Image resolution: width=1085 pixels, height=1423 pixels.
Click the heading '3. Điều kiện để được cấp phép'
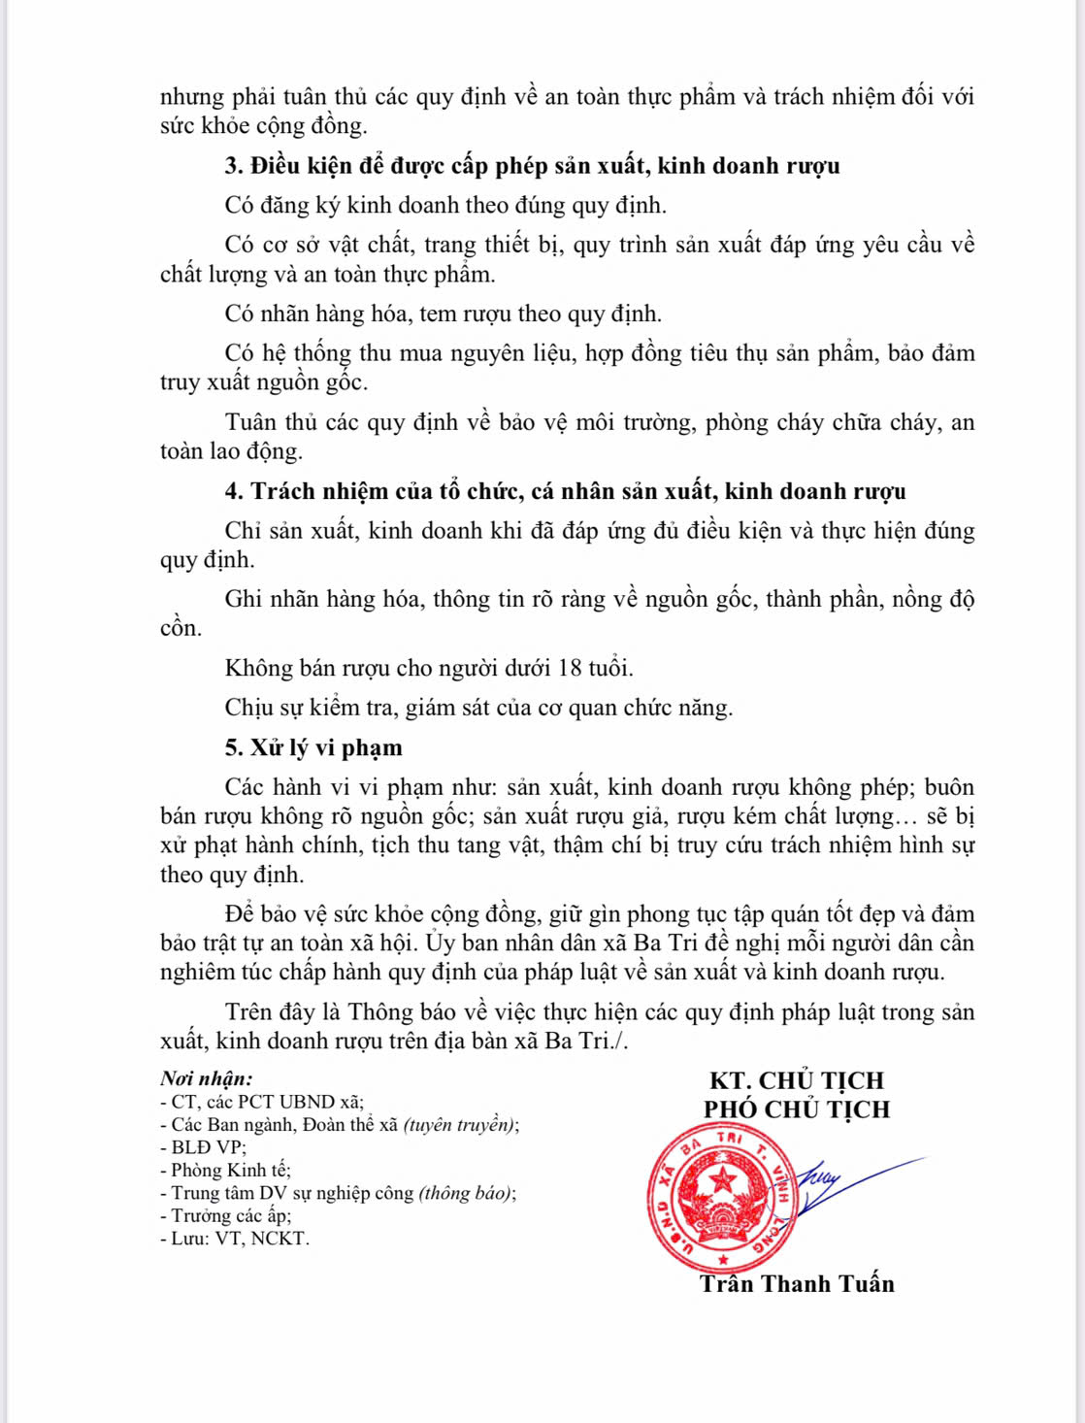pos(532,166)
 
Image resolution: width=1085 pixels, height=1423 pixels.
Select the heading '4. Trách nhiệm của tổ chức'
pos(565,491)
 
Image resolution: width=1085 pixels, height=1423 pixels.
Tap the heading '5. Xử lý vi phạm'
pos(313,747)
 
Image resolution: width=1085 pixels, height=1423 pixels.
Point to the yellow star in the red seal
pos(723,1179)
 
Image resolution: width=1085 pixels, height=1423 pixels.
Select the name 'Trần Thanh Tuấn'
pos(797,1284)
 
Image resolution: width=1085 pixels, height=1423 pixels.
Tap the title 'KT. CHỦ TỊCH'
pos(797,1080)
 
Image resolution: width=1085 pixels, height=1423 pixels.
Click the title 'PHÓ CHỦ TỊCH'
pos(797,1109)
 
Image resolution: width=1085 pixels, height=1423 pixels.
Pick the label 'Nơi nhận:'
pos(207,1078)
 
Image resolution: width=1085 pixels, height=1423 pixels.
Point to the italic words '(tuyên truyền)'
pos(459,1125)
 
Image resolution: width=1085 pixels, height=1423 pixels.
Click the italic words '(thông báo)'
pos(466,1193)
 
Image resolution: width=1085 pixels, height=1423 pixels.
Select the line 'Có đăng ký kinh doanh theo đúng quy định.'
pos(445,206)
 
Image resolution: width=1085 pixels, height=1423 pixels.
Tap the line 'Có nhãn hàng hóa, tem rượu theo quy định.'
pos(444,314)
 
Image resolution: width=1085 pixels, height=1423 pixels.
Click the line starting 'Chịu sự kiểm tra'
pos(478,708)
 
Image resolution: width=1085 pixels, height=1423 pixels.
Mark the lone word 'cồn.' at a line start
pos(181,628)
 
